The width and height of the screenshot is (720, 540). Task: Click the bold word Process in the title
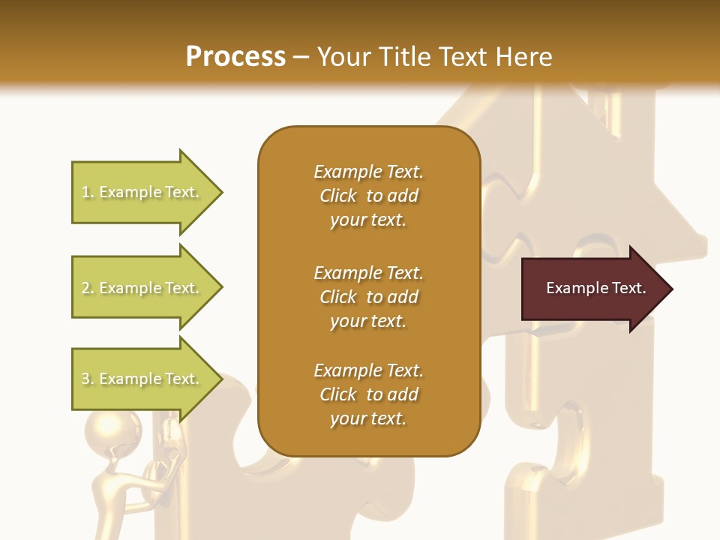click(x=235, y=56)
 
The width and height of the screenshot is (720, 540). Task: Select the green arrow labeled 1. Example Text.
click(x=142, y=192)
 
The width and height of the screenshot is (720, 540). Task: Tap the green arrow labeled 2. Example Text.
click(x=142, y=288)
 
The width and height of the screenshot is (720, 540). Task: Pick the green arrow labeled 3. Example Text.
click(x=142, y=379)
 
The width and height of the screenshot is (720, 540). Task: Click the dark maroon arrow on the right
click(x=592, y=289)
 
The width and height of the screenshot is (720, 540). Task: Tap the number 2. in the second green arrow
click(x=88, y=288)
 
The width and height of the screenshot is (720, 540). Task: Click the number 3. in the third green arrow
click(x=88, y=379)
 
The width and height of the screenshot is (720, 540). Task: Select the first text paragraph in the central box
click(x=368, y=196)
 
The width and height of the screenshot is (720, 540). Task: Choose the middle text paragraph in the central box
click(x=368, y=296)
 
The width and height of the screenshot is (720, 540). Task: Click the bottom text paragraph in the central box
click(x=368, y=394)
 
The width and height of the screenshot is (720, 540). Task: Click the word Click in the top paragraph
click(x=338, y=196)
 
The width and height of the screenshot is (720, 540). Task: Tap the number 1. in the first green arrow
click(x=88, y=192)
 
